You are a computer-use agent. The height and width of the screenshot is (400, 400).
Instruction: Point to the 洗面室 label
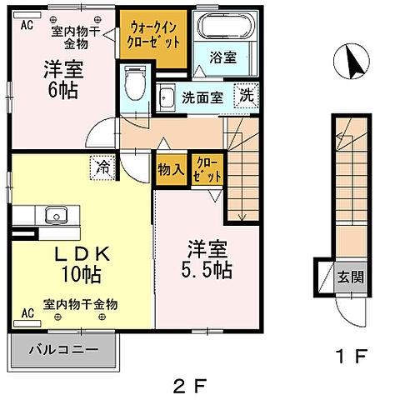[202, 97]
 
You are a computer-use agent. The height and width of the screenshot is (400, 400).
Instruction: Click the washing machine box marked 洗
[247, 95]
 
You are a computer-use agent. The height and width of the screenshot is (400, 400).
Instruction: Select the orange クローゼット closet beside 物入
[206, 170]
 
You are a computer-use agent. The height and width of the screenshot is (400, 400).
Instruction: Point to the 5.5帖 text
[207, 269]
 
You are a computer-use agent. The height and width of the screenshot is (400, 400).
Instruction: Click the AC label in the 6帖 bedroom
[27, 24]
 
